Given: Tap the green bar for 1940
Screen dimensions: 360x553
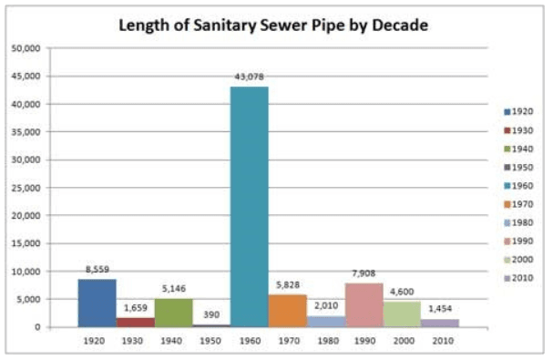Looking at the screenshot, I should click(172, 312).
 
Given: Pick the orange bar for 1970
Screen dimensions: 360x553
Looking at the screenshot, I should click(287, 310).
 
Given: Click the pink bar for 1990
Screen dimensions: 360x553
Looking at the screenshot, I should click(364, 304).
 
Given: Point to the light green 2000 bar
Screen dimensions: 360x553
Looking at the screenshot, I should click(401, 314).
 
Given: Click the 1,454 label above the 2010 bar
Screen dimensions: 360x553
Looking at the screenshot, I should click(439, 311).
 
